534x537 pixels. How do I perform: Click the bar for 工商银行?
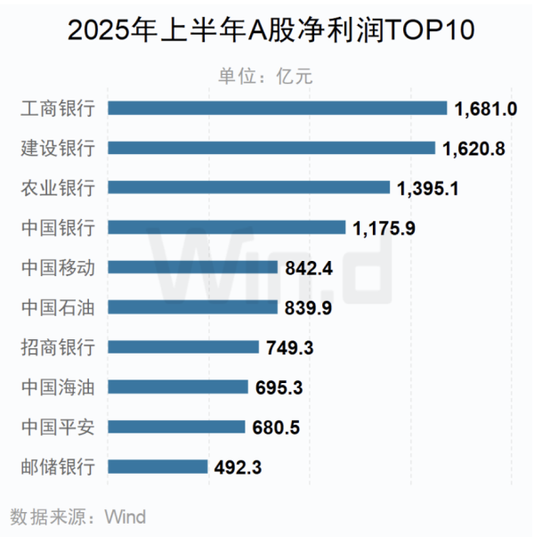pyautogui.click(x=277, y=108)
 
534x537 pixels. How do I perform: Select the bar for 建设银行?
pyautogui.click(x=271, y=148)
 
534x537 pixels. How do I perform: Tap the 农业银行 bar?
pyautogui.click(x=248, y=187)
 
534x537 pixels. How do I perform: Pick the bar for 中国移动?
pyautogui.click(x=191, y=266)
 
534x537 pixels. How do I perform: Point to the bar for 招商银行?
pyautogui.click(x=182, y=346)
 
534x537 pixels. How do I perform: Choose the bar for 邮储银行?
pyautogui.click(x=157, y=466)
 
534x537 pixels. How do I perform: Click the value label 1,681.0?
pyautogui.click(x=486, y=109)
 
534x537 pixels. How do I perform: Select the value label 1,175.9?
pyautogui.click(x=384, y=228)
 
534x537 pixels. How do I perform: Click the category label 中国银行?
pyautogui.click(x=57, y=227)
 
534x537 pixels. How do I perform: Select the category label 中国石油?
pyautogui.click(x=57, y=307)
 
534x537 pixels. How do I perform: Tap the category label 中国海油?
pyautogui.click(x=57, y=386)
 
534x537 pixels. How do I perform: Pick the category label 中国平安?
pyautogui.click(x=57, y=427)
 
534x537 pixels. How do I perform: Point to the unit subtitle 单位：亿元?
pyautogui.click(x=267, y=75)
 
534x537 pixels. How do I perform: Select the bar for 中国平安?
pyautogui.click(x=176, y=427)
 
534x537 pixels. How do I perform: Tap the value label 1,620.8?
pyautogui.click(x=474, y=149)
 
